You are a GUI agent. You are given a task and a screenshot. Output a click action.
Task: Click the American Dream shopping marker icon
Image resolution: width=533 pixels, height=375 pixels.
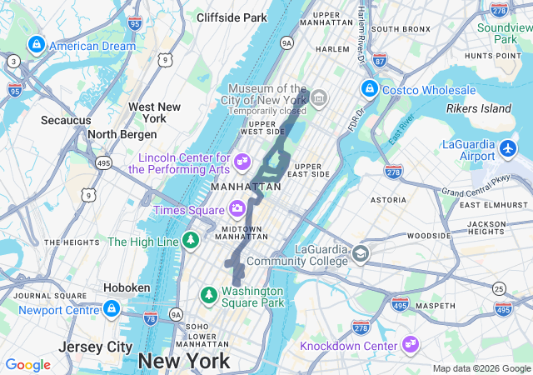[36, 45]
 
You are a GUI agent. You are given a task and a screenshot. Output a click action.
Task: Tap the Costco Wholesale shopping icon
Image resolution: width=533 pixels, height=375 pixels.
[369, 88]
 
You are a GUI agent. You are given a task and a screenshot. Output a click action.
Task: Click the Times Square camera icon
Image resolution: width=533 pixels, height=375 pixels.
[237, 208]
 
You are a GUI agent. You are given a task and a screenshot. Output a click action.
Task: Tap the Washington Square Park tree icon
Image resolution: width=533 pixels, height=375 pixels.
[208, 295]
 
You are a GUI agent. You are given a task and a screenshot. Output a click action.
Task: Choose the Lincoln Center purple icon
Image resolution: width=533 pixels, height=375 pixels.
[243, 158]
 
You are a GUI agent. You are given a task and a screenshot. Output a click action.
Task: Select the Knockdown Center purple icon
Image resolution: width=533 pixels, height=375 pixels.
[410, 344]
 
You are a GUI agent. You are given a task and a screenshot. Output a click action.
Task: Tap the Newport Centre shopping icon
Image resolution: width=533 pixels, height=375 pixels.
[111, 309]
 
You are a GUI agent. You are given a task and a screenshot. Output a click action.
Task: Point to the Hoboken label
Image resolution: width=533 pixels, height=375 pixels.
[127, 287]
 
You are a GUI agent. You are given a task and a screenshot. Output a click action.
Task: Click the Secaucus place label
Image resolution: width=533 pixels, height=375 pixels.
[66, 120]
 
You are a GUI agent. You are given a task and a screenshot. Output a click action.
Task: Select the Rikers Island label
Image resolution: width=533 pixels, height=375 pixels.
[478, 109]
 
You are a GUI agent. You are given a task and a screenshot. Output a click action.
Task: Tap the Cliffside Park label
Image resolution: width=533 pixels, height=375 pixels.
[232, 17]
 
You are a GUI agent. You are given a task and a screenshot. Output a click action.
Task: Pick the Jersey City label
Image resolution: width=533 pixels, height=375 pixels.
[96, 346]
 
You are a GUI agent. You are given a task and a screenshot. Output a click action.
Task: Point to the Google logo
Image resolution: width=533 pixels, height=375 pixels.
[28, 365]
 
